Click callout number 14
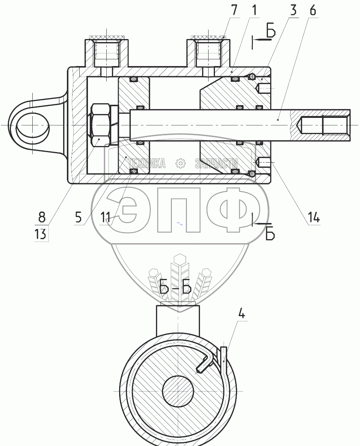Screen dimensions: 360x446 tap(313, 218)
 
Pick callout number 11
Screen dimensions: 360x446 tap(105, 218)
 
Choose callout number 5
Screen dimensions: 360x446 tap(78, 218)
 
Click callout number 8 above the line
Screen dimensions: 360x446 tap(42, 217)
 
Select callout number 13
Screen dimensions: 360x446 tap(41, 234)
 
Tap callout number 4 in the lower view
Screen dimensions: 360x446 tap(241, 314)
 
